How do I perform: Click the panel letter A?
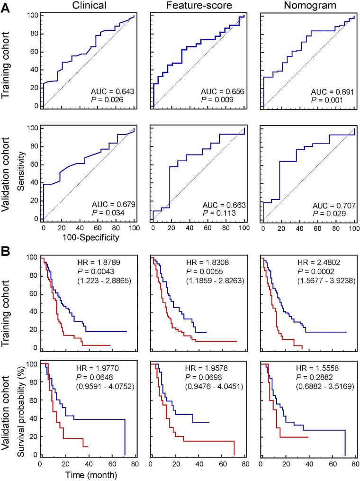tap(7, 8)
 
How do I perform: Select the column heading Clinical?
tap(89, 7)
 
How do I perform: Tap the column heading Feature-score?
tap(198, 7)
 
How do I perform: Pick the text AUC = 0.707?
tap(332, 206)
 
